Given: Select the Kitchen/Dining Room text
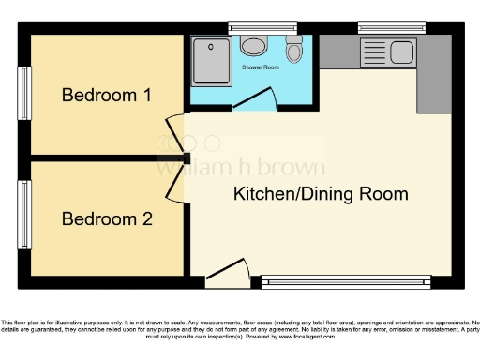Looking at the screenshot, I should click(321, 195).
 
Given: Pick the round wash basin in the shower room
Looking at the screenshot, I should click(253, 46).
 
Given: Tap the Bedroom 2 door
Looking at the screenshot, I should click(175, 184).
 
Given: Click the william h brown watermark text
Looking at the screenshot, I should click(240, 169).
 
